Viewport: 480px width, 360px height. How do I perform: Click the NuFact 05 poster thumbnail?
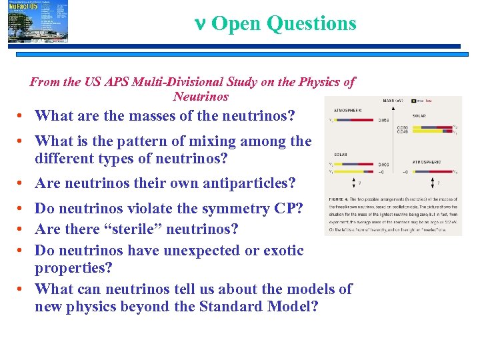(x=38, y=22)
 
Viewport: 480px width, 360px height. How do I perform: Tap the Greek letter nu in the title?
(x=198, y=23)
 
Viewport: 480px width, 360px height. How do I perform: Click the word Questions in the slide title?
(x=311, y=23)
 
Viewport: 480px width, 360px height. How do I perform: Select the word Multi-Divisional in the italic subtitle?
(x=169, y=82)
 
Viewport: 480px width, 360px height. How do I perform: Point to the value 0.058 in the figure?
(x=385, y=121)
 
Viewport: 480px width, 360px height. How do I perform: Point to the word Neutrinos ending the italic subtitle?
(x=201, y=97)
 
